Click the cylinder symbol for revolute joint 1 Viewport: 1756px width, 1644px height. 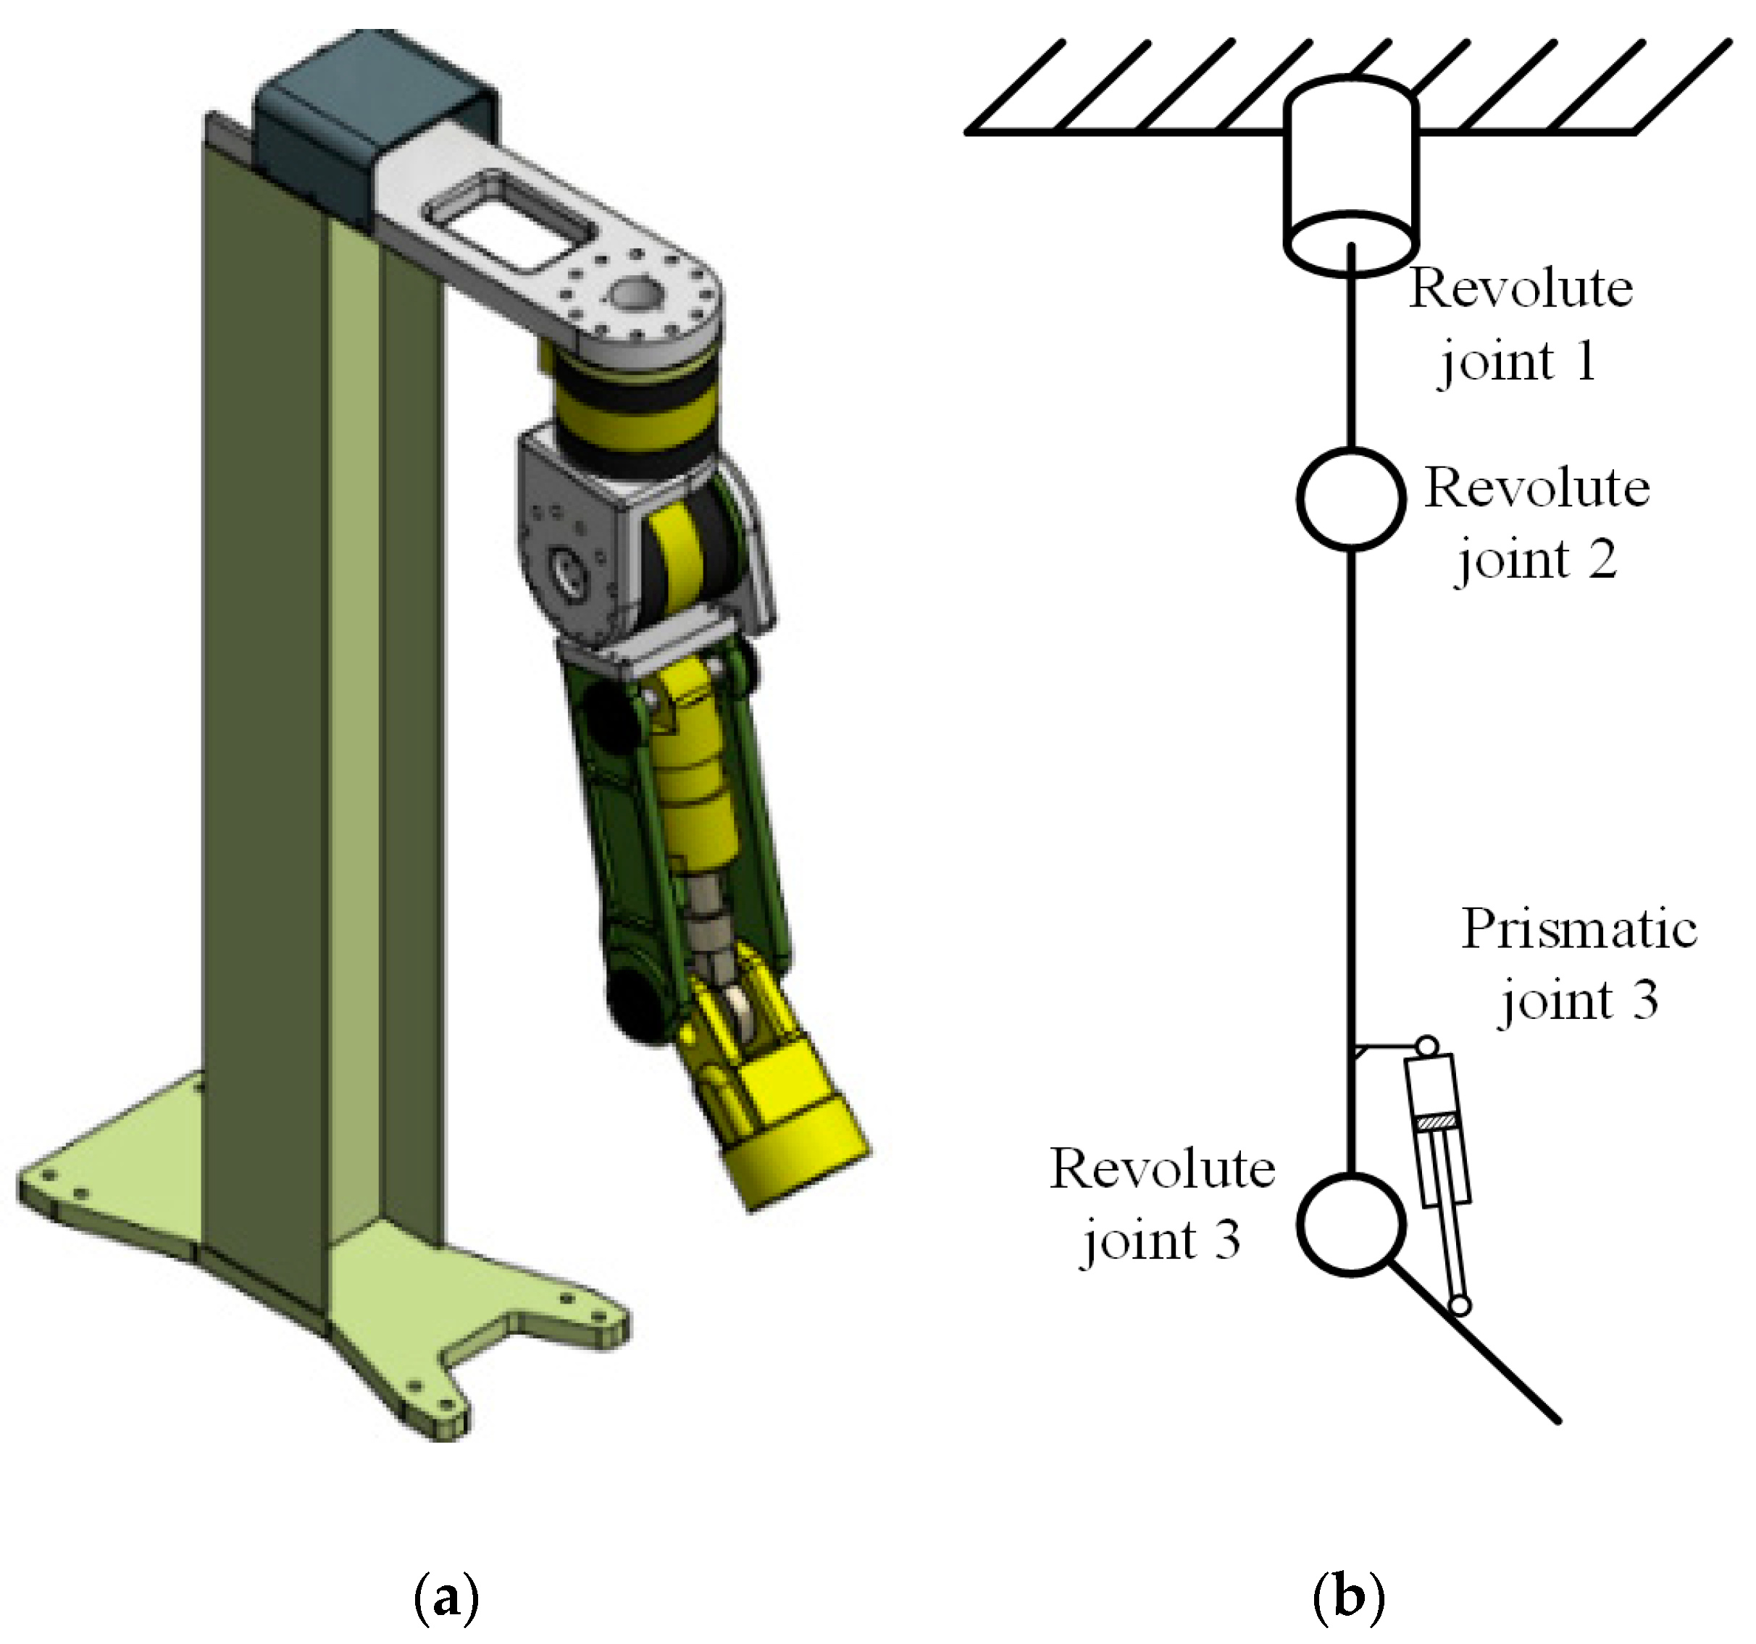click(x=1350, y=172)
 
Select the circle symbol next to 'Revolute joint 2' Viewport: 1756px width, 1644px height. click(x=1350, y=498)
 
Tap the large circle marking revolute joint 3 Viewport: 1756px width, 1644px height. click(x=1350, y=1224)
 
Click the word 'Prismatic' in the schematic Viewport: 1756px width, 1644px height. click(x=1578, y=929)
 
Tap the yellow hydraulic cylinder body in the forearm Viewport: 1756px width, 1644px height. click(x=698, y=794)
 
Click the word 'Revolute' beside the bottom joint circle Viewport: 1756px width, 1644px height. click(x=1161, y=1170)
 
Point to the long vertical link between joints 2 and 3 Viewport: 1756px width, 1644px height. click(x=1350, y=794)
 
